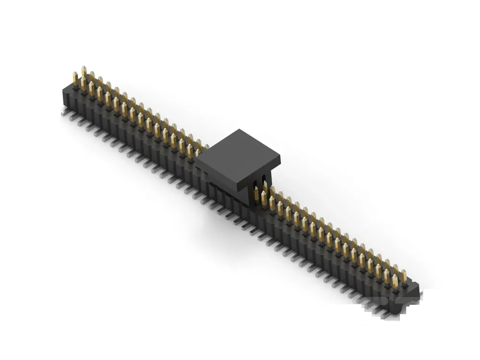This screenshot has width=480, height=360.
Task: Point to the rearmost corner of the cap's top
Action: point(239,129)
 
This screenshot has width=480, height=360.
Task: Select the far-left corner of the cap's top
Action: point(196,154)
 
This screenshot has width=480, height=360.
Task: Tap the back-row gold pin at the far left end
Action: point(84,72)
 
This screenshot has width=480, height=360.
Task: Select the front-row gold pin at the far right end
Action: point(396,282)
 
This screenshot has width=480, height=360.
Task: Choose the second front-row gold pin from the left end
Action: point(84,85)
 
